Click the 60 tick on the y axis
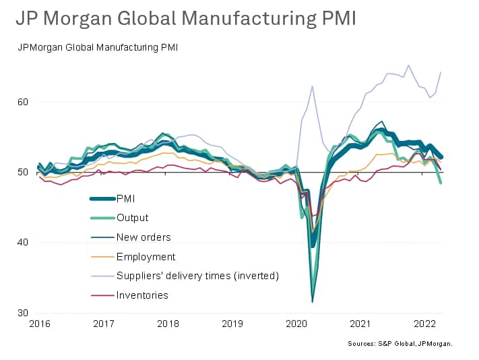click(24, 102)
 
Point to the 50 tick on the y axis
click(24, 172)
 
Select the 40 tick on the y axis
click(24, 242)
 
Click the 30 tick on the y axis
click(24, 313)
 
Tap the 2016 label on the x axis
click(39, 324)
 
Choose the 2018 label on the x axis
click(167, 324)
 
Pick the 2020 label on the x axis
click(296, 324)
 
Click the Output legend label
click(132, 218)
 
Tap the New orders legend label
click(143, 237)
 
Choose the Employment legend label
click(146, 257)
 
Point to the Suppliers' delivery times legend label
click(197, 276)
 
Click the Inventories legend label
click(142, 295)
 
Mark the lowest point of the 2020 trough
click(313, 301)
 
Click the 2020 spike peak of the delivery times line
click(313, 86)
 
